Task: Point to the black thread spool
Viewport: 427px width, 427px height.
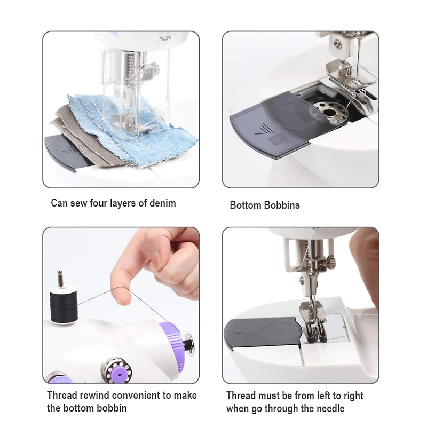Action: pos(64,305)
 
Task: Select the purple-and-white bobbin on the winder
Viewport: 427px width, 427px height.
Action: pos(115,368)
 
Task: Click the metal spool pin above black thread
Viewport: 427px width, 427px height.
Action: pos(60,279)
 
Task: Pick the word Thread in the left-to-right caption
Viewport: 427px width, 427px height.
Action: pos(240,396)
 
